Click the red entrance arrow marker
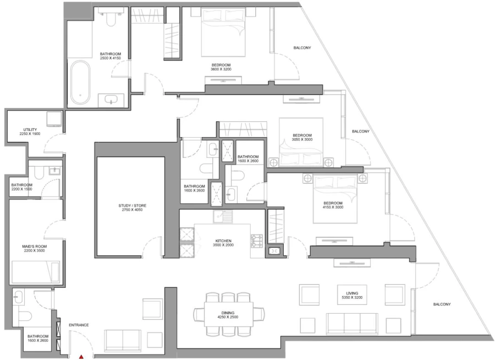pyautogui.click(x=81, y=357)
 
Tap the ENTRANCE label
pyautogui.click(x=79, y=325)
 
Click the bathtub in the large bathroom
pyautogui.click(x=81, y=83)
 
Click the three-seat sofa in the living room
pyautogui.click(x=352, y=323)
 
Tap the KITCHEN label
pyautogui.click(x=223, y=241)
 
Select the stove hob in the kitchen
pyautogui.click(x=257, y=241)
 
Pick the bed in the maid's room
pyautogui.click(x=36, y=271)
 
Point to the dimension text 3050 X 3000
pyautogui.click(x=302, y=140)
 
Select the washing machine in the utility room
pyautogui.click(x=53, y=120)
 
